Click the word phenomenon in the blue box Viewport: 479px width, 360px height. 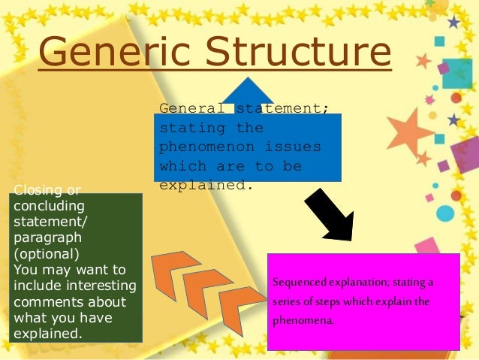click(x=197, y=147)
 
